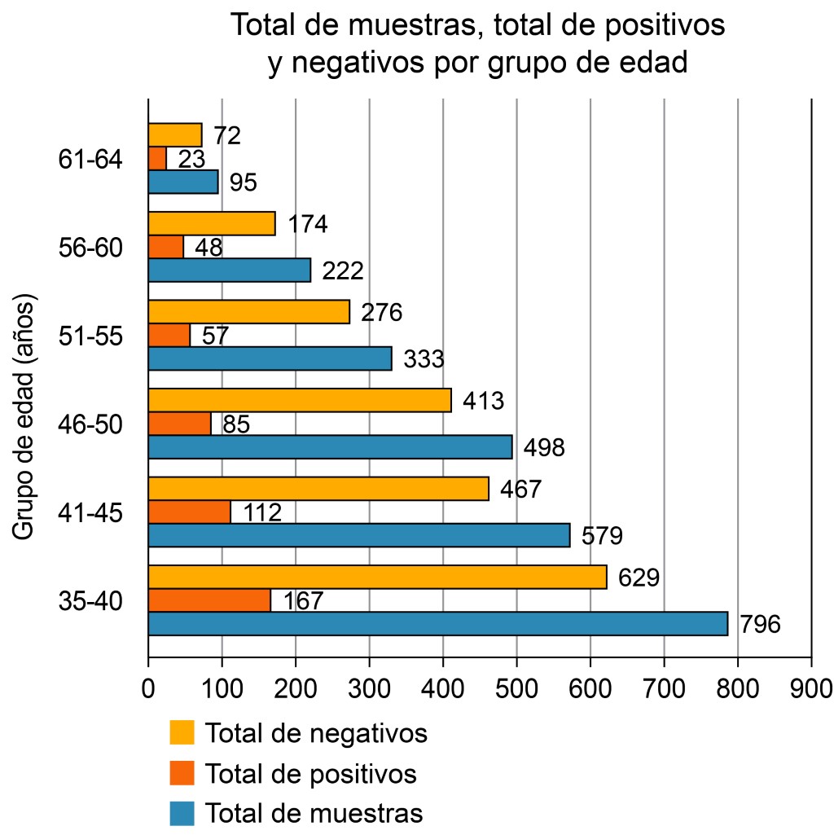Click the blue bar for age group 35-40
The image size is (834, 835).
(437, 623)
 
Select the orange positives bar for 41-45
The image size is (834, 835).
(189, 512)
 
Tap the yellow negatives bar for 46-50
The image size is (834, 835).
(299, 400)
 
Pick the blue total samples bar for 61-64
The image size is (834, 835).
(183, 182)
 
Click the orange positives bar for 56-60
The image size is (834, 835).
(166, 246)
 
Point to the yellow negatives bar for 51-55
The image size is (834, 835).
(248, 312)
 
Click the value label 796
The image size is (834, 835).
(760, 625)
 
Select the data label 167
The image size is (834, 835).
(303, 601)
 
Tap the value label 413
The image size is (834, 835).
(483, 401)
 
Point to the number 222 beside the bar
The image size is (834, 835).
(342, 270)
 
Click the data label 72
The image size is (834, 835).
(227, 135)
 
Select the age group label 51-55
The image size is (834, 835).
(90, 336)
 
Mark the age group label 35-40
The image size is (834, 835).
(90, 602)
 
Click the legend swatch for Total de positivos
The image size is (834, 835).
(182, 772)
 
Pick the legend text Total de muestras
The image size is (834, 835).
(314, 813)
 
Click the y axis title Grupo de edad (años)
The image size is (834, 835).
(25, 417)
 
